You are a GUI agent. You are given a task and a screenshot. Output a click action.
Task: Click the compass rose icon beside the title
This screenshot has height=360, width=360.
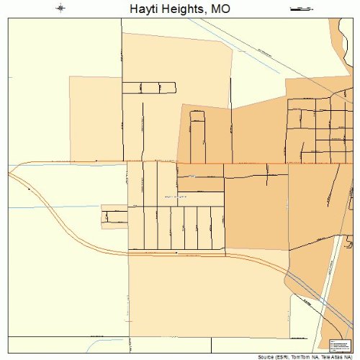click(60, 9)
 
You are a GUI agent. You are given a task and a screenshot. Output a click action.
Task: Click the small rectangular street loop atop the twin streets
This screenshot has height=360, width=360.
click(197, 115)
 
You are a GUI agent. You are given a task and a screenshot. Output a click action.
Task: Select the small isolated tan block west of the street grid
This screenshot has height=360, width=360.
click(114, 215)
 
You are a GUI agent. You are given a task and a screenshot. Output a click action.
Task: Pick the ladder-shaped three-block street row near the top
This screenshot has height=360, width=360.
click(149, 88)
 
